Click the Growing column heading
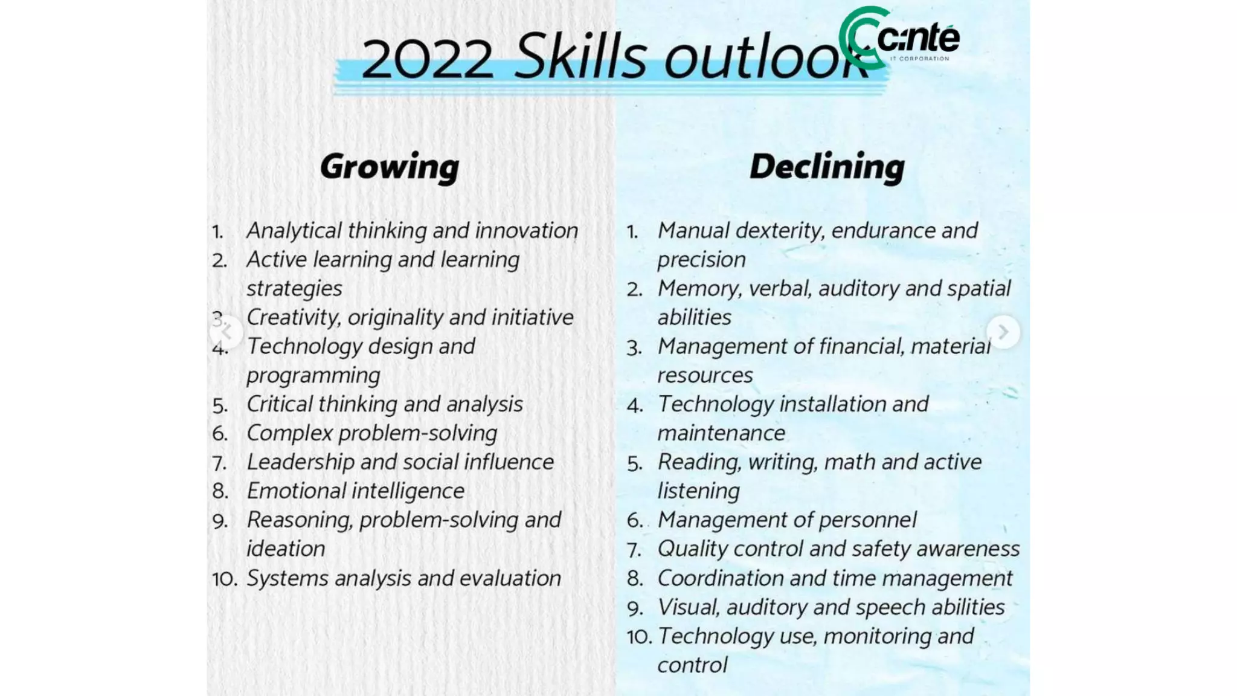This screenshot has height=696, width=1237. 390,167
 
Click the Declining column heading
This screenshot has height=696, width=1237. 827,167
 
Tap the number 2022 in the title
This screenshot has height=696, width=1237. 428,59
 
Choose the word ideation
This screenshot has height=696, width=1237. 286,549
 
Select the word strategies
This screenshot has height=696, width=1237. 294,289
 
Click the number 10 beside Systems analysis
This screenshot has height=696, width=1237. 224,579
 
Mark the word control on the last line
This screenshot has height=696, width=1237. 692,665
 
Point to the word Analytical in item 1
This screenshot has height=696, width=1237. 294,231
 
